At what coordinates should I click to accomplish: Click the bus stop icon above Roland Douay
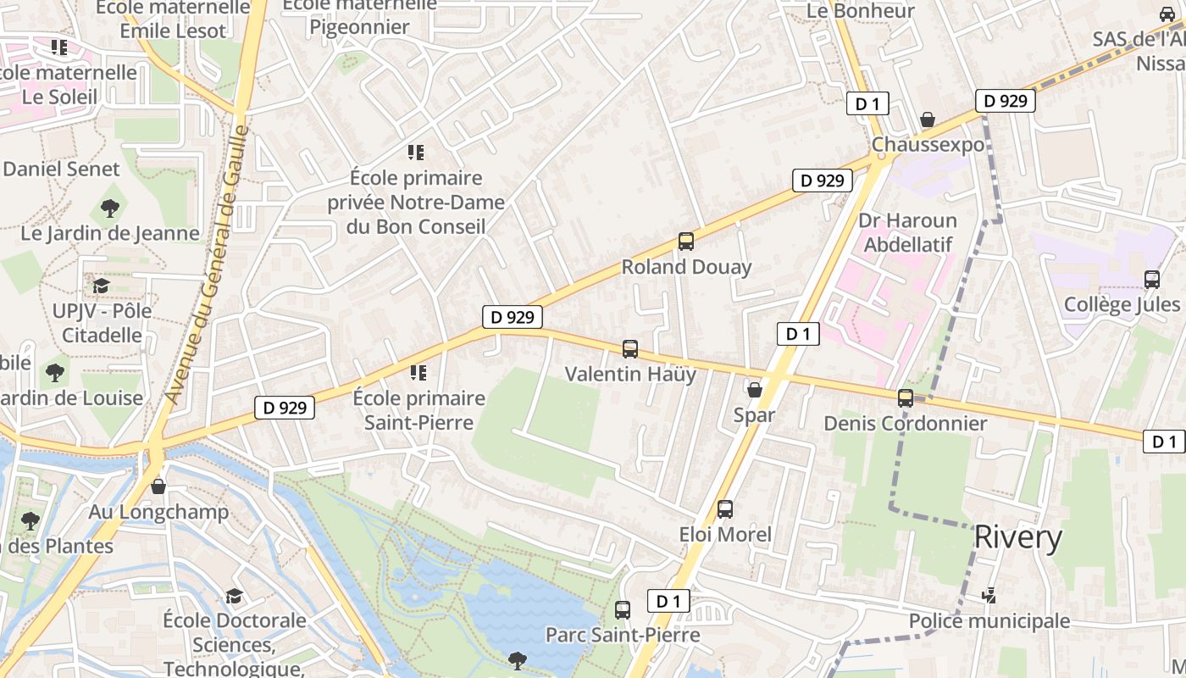[x=686, y=242]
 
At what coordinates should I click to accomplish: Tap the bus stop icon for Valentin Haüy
[x=630, y=348]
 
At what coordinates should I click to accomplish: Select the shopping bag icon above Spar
[x=754, y=390]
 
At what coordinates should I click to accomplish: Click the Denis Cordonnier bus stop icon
[x=906, y=397]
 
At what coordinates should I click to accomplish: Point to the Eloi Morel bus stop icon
[x=725, y=508]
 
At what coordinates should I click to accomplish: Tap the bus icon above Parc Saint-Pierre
[x=623, y=609]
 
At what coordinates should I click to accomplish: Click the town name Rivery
[x=1017, y=537]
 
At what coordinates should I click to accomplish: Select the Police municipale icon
[x=989, y=596]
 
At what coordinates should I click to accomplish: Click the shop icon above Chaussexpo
[x=928, y=119]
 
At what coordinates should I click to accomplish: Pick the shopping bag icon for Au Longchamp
[x=158, y=486]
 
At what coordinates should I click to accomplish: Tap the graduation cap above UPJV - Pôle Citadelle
[x=102, y=286]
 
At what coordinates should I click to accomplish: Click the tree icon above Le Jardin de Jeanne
[x=109, y=208]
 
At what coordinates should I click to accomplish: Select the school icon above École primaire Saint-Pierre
[x=417, y=373]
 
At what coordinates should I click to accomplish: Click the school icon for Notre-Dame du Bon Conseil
[x=416, y=153]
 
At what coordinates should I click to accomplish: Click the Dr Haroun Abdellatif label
[x=908, y=233]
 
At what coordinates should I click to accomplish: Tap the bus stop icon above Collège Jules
[x=1152, y=279]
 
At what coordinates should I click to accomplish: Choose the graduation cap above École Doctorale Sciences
[x=234, y=596]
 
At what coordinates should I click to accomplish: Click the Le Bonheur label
[x=861, y=11]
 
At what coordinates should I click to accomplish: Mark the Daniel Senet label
[x=62, y=169]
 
